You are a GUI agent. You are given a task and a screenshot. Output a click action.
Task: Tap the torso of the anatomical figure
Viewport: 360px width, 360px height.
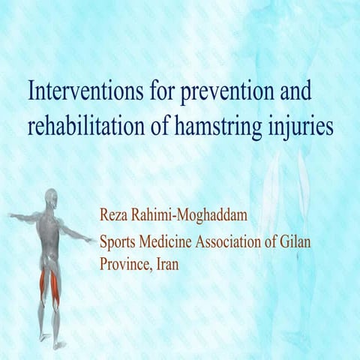coord(50,232)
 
